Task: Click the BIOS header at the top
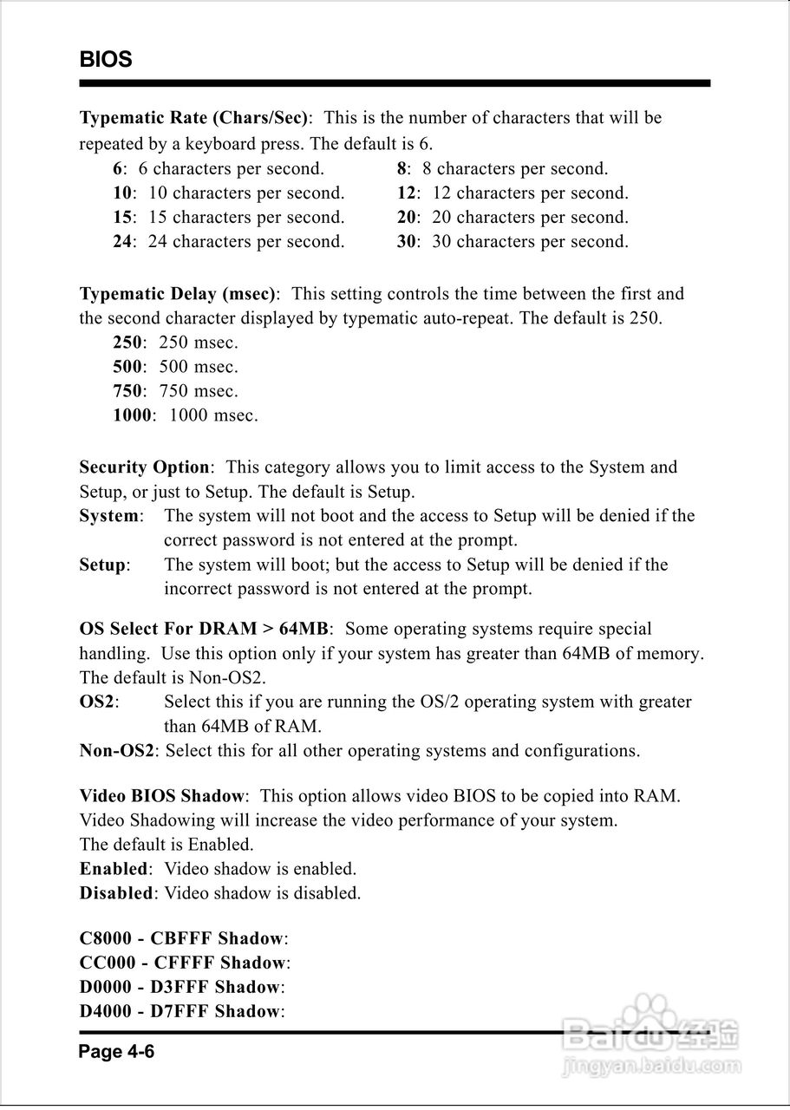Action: [106, 60]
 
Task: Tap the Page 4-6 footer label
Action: [116, 1053]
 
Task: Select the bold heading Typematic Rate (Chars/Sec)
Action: [193, 118]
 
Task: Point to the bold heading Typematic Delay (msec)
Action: [179, 294]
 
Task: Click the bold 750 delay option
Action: [127, 391]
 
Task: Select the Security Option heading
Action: [144, 467]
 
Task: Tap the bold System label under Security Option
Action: [109, 516]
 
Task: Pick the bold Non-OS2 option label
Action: [117, 751]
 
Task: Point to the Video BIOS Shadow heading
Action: [162, 796]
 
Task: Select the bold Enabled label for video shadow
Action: [113, 869]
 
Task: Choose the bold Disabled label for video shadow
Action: [116, 893]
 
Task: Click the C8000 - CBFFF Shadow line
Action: [182, 938]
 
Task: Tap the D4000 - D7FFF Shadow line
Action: [180, 1011]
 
